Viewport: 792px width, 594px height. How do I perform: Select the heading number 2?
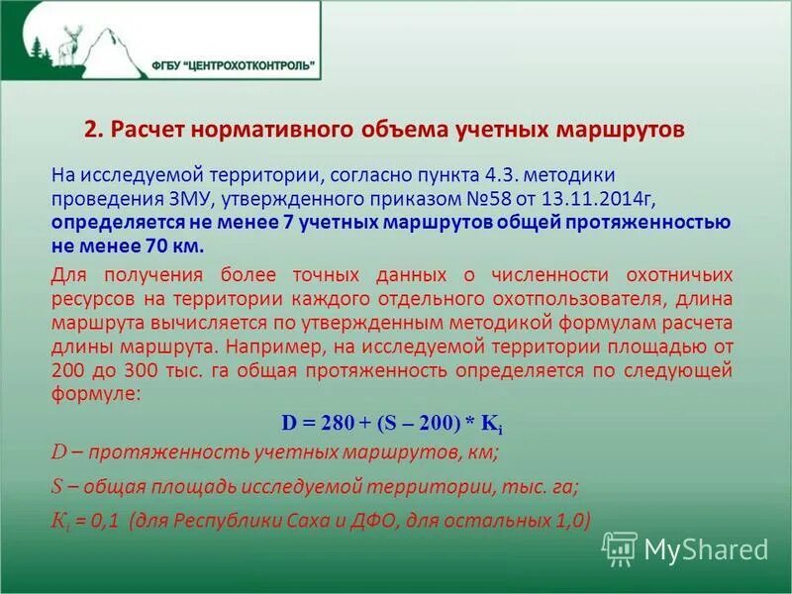91,131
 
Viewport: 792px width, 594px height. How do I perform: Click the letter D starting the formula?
289,421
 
